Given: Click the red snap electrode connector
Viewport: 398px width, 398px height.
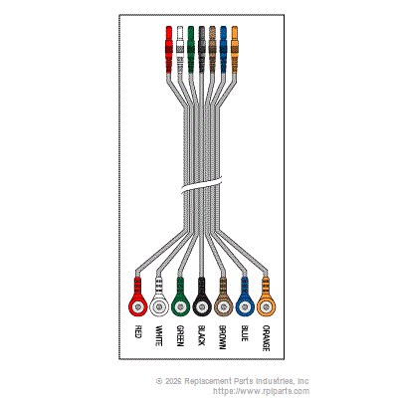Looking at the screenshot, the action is tap(137, 300).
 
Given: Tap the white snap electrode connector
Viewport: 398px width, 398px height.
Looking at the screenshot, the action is tap(159, 300).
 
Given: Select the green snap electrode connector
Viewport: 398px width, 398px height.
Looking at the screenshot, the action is tap(180, 300).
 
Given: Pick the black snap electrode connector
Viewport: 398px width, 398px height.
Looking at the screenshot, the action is tap(202, 300).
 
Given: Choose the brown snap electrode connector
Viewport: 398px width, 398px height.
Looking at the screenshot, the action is tap(223, 300).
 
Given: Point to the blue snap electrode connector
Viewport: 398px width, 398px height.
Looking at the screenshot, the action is tap(245, 300).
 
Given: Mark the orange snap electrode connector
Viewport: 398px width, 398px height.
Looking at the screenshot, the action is tap(266, 300).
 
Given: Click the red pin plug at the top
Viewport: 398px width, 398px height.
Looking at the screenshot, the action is tap(169, 50).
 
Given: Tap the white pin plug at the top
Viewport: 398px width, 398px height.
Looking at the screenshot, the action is tap(180, 50).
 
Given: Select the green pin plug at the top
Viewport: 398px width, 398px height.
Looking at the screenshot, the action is tap(191, 50).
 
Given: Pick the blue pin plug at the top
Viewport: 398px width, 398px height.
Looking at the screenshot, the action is tap(223, 50).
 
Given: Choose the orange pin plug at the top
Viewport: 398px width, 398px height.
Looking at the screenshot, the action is tap(234, 50).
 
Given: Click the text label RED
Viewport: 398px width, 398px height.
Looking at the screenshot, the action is tap(138, 331).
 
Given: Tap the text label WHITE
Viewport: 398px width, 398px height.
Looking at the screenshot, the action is tap(159, 335).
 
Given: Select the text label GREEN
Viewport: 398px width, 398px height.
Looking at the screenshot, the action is tap(180, 336).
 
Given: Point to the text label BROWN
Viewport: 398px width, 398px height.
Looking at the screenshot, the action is tap(222, 337).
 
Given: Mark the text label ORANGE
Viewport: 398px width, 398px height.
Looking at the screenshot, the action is tap(266, 338).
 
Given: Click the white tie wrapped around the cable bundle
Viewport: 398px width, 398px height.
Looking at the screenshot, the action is tap(202, 185).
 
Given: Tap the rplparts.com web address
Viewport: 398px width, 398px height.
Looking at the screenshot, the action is tap(261, 391).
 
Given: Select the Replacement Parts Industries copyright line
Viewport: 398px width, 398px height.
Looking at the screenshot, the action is tap(232, 381).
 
